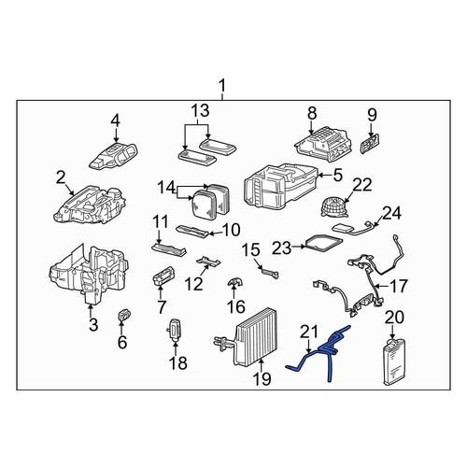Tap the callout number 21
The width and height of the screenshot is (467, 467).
309,332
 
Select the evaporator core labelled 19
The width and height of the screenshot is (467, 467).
249,338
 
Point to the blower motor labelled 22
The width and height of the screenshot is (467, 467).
333,207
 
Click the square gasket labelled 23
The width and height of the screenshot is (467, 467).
324,243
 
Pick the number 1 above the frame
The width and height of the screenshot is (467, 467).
222,86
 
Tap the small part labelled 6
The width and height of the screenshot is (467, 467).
124,315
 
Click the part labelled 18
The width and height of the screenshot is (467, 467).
176,331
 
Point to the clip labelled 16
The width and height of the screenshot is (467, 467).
235,282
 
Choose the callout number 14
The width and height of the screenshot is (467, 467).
166,188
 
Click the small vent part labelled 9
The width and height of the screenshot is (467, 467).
371,143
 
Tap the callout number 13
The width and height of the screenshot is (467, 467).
200,111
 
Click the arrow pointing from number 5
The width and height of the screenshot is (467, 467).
324,176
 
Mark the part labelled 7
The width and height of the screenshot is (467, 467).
163,276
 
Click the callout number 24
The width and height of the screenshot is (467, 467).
391,213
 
